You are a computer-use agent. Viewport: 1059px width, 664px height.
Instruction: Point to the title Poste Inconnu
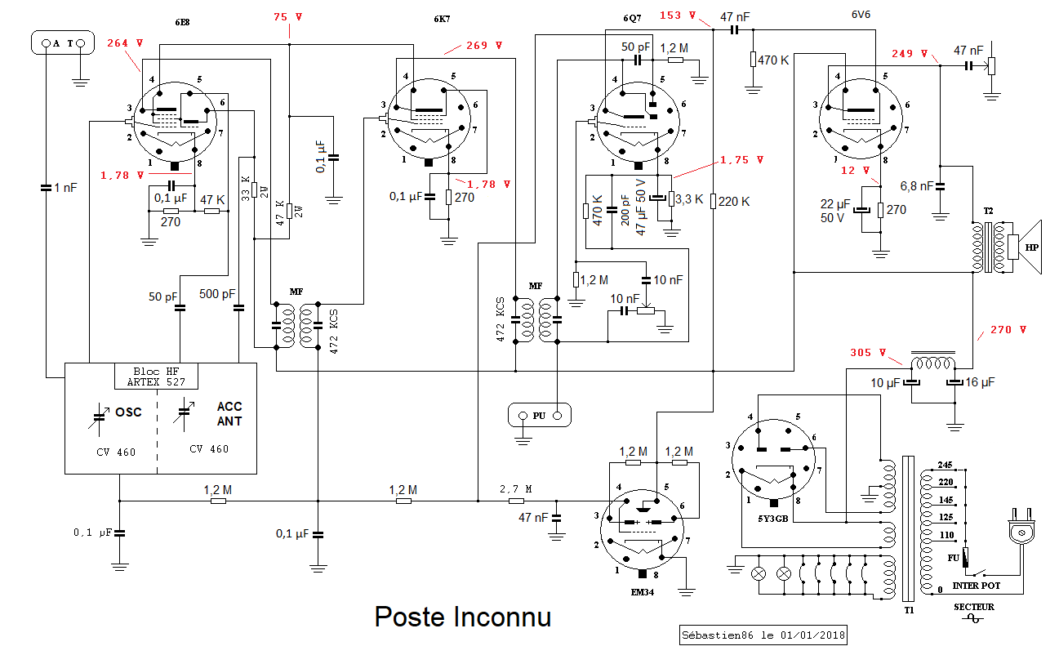462,617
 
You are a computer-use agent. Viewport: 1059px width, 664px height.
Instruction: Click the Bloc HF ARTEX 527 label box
156,376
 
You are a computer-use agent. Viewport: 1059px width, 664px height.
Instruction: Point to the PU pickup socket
539,415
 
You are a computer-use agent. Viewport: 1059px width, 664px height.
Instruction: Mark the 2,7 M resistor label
515,489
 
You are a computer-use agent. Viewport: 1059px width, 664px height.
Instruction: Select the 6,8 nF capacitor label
915,185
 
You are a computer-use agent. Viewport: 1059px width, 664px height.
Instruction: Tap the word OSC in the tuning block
127,412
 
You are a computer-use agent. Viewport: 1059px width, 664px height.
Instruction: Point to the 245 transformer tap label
946,464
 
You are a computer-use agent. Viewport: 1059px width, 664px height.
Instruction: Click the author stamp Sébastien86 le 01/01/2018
763,635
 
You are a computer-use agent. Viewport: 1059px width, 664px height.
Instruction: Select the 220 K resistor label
733,201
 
